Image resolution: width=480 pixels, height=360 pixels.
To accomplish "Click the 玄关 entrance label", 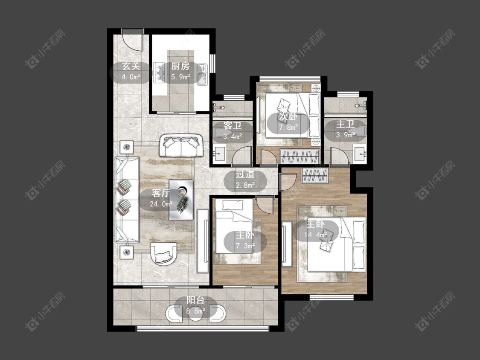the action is (131, 66).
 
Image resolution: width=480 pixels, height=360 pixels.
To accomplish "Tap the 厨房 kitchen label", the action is (180, 66).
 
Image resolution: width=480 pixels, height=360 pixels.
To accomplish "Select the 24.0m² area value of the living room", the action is (161, 203).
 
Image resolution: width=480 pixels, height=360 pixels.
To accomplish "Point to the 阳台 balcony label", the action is (195, 300).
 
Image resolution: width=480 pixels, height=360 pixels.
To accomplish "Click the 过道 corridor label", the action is (245, 174).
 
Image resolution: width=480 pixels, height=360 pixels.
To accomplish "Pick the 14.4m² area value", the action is (316, 235).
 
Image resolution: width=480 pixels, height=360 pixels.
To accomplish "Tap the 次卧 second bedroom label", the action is (288, 116).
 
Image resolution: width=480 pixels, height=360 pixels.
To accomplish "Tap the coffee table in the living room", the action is (181, 200).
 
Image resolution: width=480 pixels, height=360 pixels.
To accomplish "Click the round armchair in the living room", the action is (164, 254).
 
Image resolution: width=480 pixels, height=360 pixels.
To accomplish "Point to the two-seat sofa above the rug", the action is (181, 146).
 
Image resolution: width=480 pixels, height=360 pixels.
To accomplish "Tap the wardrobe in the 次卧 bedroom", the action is (300, 157).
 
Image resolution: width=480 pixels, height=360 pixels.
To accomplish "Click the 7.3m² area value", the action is (245, 246).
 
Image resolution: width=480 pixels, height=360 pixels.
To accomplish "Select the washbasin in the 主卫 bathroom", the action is (360, 154).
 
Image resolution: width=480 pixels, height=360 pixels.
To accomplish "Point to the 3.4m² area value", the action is (233, 136).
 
